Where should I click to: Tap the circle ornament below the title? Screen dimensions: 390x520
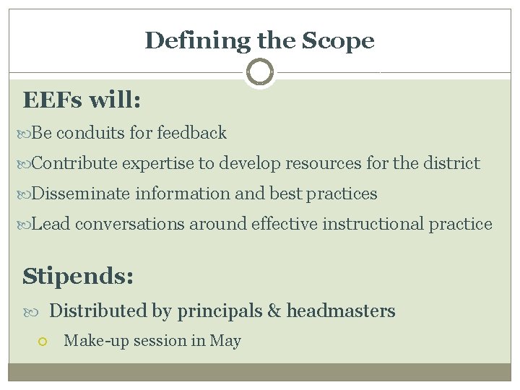pos(259,72)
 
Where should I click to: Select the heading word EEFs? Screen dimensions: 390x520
pos(53,100)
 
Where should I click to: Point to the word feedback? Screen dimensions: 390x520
pos(191,133)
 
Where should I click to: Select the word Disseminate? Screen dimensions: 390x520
pos(81,194)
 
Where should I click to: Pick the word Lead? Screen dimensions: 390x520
pos(51,224)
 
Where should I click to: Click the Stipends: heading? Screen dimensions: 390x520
pos(78,275)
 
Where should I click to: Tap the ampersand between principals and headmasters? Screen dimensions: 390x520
pos(274,311)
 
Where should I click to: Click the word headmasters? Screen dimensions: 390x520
pos(341,311)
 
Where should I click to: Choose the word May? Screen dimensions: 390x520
pos(225,341)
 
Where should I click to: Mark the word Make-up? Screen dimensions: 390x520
pos(91,341)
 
